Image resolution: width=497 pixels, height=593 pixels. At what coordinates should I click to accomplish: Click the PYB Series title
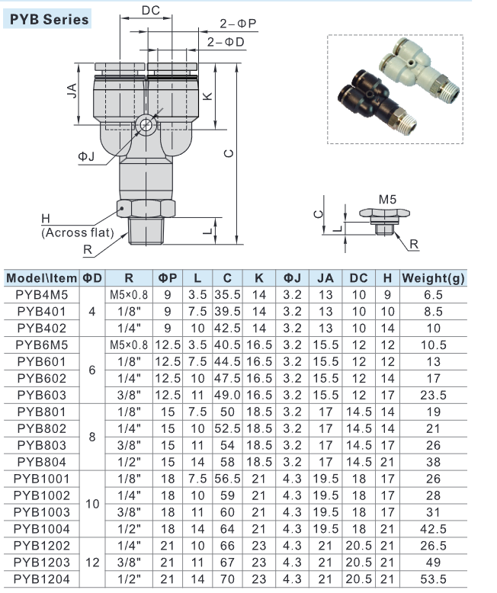[x=50, y=19]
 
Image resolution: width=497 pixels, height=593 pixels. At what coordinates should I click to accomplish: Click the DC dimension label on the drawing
[x=151, y=11]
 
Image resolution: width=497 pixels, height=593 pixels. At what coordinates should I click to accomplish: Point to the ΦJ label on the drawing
[x=86, y=157]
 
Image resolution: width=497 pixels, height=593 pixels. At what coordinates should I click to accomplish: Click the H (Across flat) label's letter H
[x=46, y=219]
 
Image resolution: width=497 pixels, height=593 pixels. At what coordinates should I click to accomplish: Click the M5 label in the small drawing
[x=388, y=199]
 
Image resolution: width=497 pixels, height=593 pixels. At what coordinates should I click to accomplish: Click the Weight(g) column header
[x=433, y=278]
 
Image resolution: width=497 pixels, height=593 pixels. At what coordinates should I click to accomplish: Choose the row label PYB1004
[x=42, y=529]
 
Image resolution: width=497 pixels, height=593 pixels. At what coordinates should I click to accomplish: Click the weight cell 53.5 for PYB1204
[x=433, y=579]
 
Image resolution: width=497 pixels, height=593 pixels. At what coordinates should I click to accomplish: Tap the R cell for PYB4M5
[x=129, y=294]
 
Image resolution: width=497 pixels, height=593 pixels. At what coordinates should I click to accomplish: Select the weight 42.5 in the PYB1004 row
[x=433, y=529]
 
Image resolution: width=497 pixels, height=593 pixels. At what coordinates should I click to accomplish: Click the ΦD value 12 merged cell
[x=92, y=563]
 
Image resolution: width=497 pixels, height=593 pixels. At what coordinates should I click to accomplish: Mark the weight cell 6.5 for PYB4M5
[x=433, y=294]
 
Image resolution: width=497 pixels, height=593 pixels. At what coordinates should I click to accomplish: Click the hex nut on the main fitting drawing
[x=147, y=207]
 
